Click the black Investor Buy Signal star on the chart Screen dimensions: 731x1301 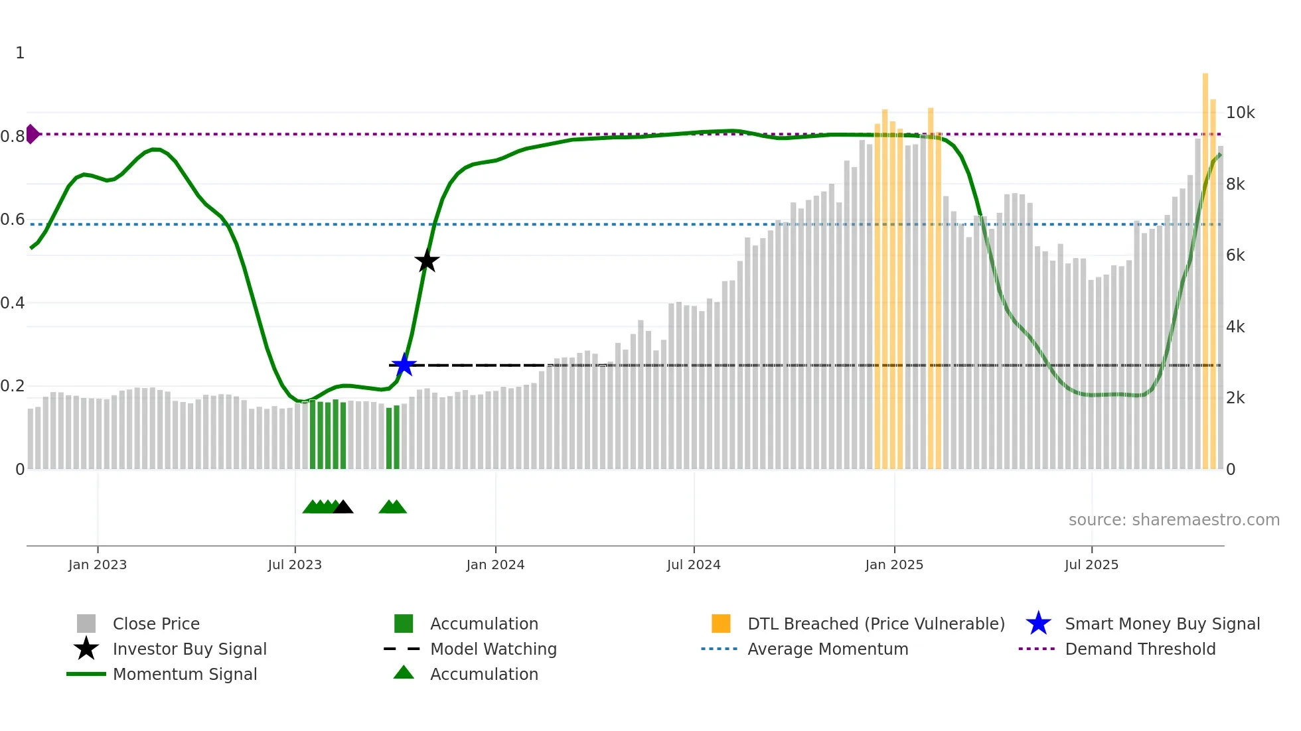tap(427, 261)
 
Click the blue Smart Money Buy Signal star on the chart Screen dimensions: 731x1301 tap(404, 365)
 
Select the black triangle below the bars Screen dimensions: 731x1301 tap(343, 507)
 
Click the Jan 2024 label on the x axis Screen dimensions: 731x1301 tap(495, 565)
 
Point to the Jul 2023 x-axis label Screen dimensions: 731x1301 tap(295, 565)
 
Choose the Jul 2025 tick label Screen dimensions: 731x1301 tap(1091, 565)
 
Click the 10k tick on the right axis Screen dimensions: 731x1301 tap(1240, 113)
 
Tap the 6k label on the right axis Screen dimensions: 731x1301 tap(1235, 255)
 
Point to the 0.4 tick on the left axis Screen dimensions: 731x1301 tap(13, 303)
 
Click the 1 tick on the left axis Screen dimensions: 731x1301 tap(20, 53)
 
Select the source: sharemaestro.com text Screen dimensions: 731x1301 tap(1174, 520)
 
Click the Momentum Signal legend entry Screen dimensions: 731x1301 tap(185, 674)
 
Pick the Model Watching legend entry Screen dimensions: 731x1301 tap(493, 649)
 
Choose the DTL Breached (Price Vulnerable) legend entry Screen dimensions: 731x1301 tap(876, 624)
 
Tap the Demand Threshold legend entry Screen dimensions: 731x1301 tap(1140, 649)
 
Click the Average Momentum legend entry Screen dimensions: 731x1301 tap(828, 649)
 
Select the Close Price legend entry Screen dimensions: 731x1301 tap(156, 624)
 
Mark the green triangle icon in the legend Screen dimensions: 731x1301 tap(404, 673)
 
